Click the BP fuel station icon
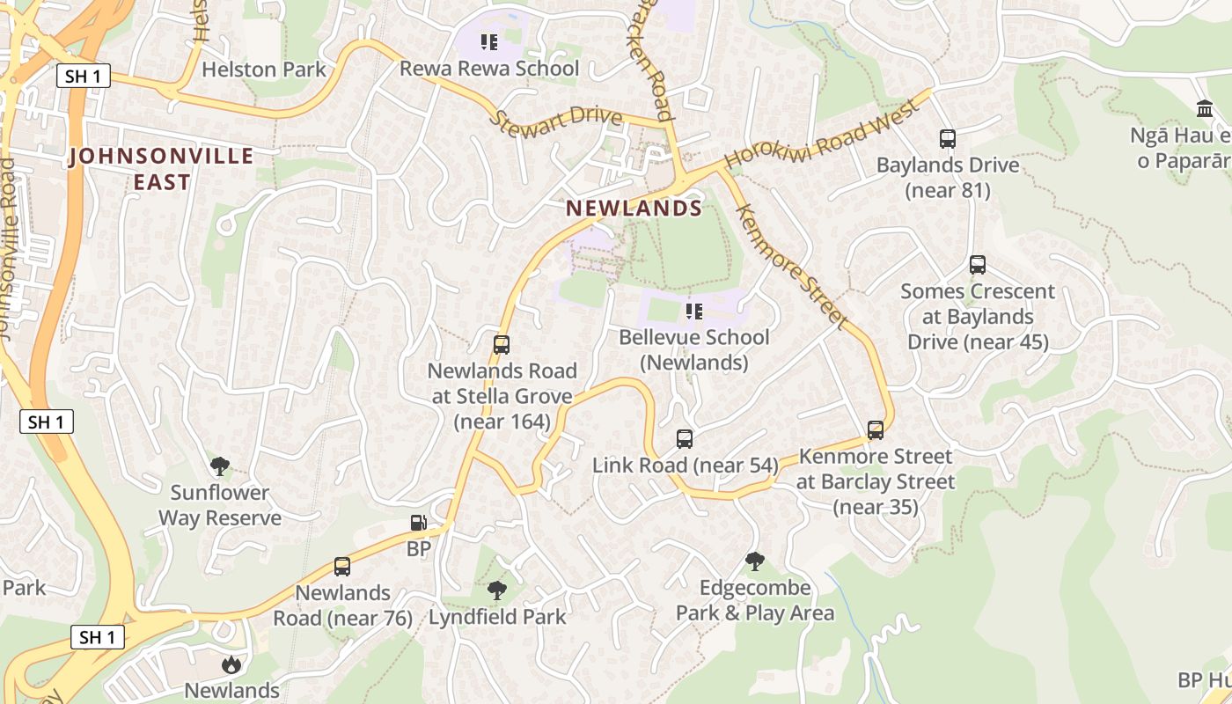419,523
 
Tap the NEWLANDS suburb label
634,209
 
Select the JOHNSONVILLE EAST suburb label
162,169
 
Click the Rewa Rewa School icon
489,41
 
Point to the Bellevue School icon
694,311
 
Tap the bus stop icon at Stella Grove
502,344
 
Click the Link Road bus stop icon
685,438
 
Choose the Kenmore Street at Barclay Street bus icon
876,429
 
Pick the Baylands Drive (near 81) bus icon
948,138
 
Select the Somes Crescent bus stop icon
977,264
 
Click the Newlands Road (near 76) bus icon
342,566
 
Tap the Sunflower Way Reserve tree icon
220,466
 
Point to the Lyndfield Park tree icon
497,590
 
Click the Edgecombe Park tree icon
755,561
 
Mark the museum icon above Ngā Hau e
1204,108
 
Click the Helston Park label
264,70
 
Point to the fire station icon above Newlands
231,664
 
